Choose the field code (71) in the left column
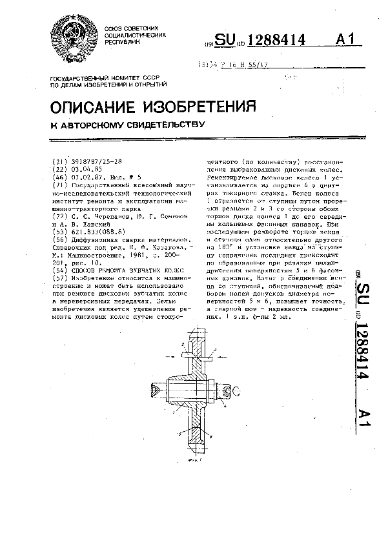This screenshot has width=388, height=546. point(57,185)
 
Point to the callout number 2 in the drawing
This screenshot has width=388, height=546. point(183,353)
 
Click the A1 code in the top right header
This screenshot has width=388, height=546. point(346,40)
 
